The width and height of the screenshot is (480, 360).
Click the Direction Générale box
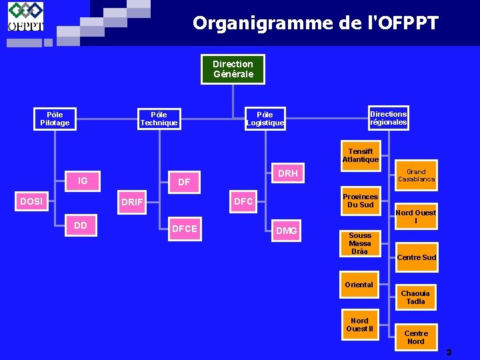point(233,69)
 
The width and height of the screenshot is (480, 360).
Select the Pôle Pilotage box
point(55,119)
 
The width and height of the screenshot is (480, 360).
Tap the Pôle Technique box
point(159,119)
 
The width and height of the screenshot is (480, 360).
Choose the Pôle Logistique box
point(265,119)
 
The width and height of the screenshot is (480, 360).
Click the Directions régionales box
point(388,118)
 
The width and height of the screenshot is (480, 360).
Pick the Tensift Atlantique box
point(360,155)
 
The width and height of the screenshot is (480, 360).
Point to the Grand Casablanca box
point(416,175)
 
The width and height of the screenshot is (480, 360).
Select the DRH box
point(288,174)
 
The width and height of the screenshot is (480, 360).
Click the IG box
point(83,181)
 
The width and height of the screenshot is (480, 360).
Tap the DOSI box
point(32,201)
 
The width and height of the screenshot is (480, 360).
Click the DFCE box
point(185,229)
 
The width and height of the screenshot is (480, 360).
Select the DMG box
point(287,231)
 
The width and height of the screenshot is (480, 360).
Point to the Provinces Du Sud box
point(360,201)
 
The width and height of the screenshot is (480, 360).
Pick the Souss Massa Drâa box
point(360,243)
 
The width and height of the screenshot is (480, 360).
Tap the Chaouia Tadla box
point(415,297)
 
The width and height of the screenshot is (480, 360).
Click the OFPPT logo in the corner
point(25,17)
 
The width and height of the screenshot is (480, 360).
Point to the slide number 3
point(449,352)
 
